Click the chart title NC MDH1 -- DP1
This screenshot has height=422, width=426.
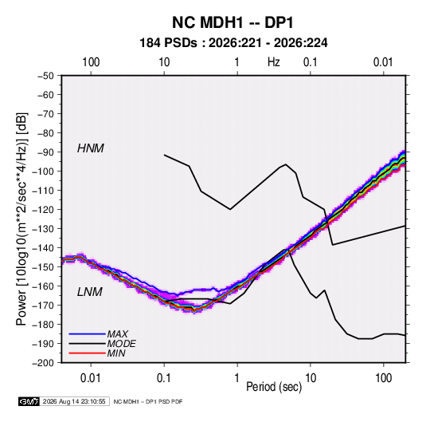233,22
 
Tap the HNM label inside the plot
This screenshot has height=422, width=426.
91,148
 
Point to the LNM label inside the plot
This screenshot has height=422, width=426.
90,292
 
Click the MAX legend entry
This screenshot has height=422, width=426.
117,333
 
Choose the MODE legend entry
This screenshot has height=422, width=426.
122,344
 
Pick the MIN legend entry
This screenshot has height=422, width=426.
116,353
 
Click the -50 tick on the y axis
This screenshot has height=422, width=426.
45,76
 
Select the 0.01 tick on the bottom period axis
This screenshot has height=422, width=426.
91,378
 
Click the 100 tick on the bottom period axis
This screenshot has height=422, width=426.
383,378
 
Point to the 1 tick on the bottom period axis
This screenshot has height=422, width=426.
237,378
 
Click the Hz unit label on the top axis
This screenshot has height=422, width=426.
274,62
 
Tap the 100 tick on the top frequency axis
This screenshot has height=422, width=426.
91,62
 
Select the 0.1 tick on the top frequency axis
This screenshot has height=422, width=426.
311,62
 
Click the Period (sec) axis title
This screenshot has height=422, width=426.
274,387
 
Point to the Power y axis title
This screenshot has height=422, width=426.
21,219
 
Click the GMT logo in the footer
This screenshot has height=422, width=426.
29,401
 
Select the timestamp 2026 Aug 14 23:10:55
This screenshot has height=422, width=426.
74,401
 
